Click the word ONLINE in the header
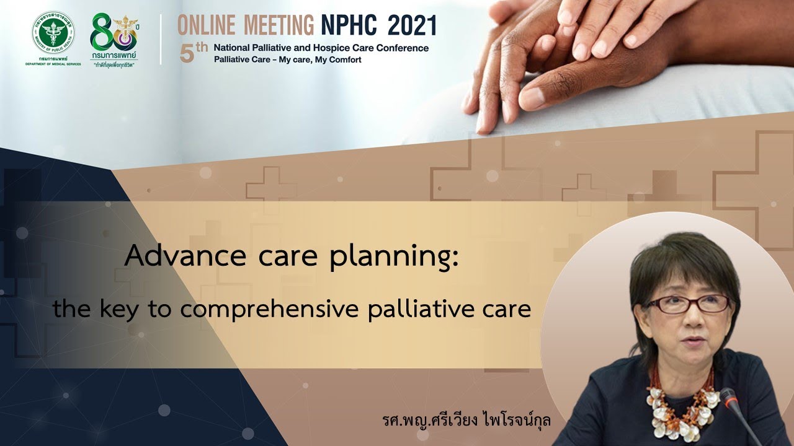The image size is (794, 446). (x=207, y=25)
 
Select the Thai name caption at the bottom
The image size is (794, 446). (x=466, y=420)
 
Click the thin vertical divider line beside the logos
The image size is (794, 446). (x=161, y=38)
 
